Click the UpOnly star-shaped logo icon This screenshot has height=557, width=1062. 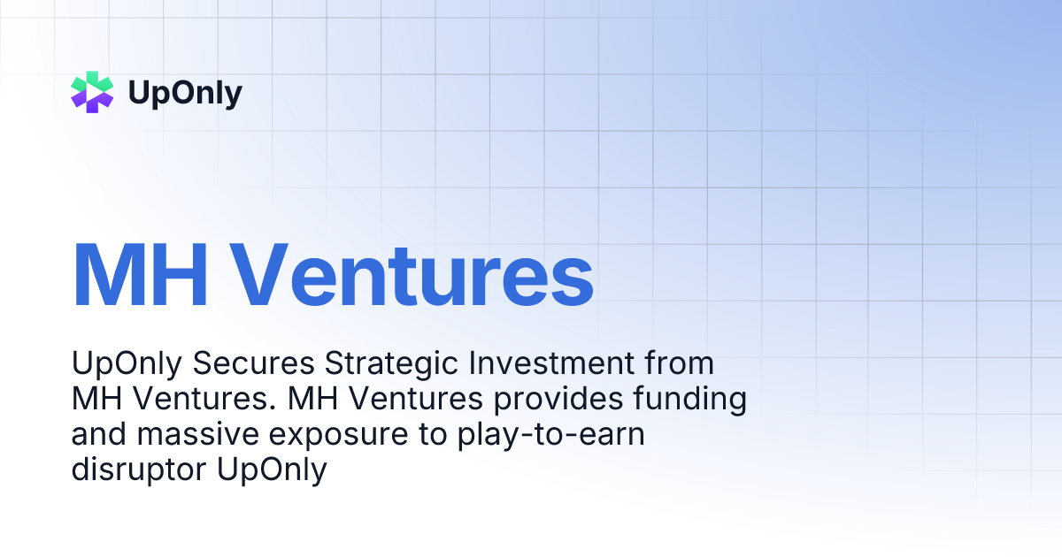pos(93,93)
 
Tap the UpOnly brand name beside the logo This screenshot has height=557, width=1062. pos(185,93)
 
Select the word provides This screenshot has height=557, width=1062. pos(553,399)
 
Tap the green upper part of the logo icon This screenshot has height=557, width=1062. pos(93,82)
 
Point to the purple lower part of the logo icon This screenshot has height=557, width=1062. pos(93,103)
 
